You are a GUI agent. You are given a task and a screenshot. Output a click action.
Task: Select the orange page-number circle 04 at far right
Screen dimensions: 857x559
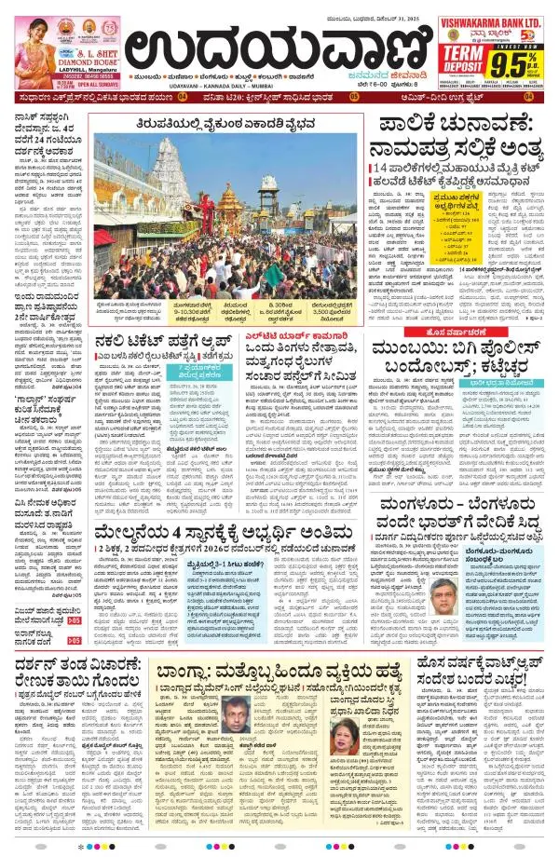pos(530,96)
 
